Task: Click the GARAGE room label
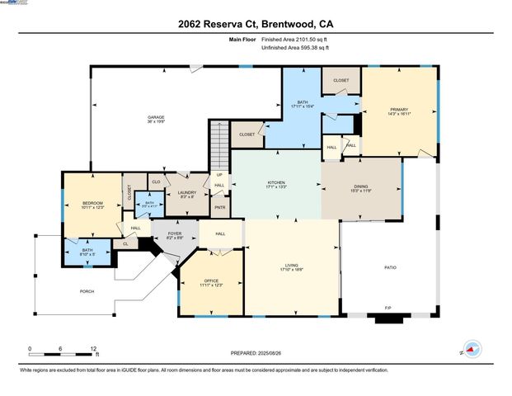click(x=156, y=117)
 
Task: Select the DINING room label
click(x=361, y=188)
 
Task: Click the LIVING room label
click(x=292, y=265)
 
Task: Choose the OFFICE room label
click(x=211, y=281)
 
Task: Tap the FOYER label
click(x=175, y=233)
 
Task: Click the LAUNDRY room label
click(x=187, y=193)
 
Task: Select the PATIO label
click(x=390, y=267)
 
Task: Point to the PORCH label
click(x=87, y=291)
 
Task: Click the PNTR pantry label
click(x=220, y=207)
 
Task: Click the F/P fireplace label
click(x=388, y=309)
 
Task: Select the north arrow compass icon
click(x=471, y=349)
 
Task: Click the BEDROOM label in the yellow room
click(x=92, y=202)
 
